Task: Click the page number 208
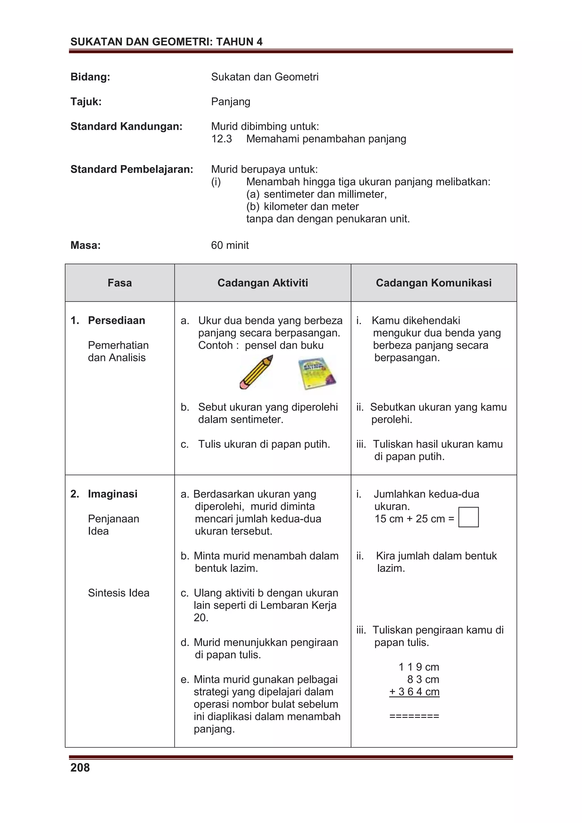click(x=80, y=767)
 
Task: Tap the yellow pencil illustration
click(x=256, y=372)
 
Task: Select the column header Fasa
click(x=119, y=283)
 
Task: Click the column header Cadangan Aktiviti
click(x=263, y=283)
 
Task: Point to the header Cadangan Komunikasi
click(x=434, y=283)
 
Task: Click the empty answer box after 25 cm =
click(x=468, y=517)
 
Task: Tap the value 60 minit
click(x=230, y=245)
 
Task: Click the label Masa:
click(x=85, y=245)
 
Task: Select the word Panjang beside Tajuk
click(x=230, y=102)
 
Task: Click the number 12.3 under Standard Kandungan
click(x=222, y=139)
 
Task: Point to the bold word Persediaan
click(x=117, y=320)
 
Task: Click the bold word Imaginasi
click(x=113, y=494)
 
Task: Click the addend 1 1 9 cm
click(x=419, y=667)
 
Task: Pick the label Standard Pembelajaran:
click(x=132, y=169)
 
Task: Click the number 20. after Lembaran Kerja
click(x=201, y=618)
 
